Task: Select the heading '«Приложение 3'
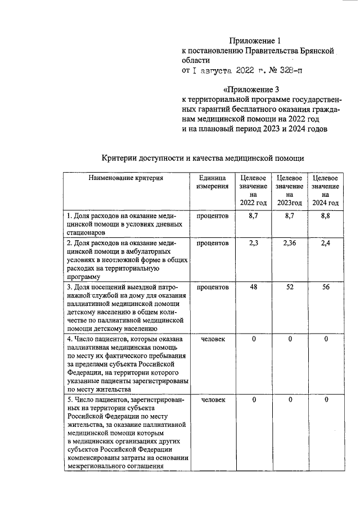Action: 251,89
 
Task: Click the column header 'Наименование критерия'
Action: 125,178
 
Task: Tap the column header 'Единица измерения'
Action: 213,182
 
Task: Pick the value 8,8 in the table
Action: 325,215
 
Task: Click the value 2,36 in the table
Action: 289,243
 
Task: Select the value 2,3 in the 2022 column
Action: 253,243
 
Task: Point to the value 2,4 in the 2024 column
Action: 325,243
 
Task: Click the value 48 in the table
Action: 253,287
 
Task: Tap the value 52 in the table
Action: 289,287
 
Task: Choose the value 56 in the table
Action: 325,287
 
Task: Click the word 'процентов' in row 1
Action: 213,215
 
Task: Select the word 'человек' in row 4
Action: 213,339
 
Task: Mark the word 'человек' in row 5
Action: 213,400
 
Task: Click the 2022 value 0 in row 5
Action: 254,400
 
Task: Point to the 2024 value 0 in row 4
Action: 326,339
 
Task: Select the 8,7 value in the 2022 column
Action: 253,215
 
